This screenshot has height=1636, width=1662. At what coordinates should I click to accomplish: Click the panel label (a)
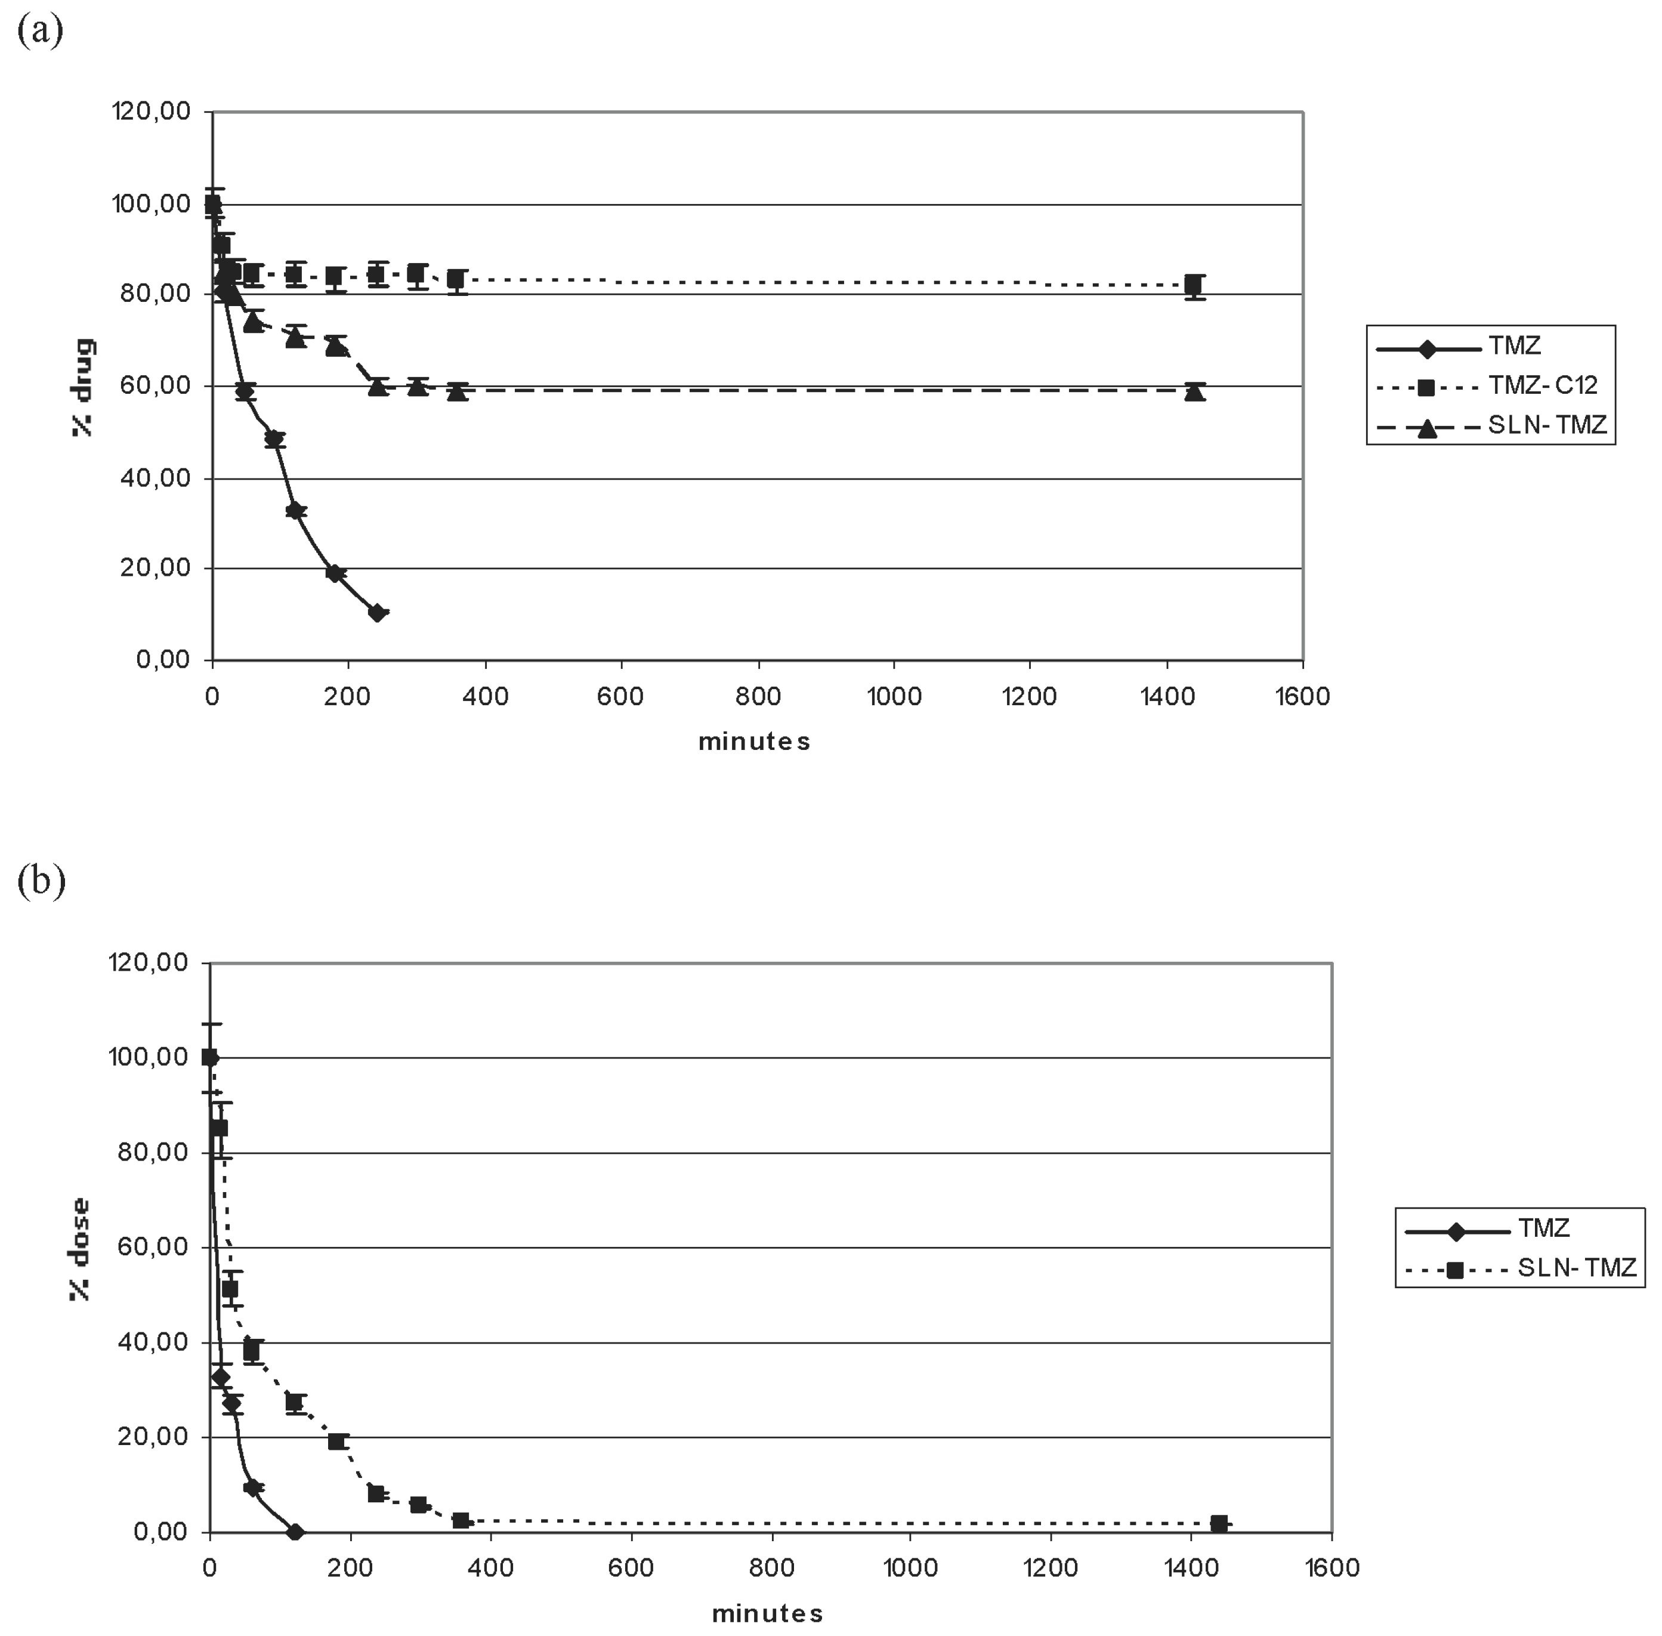[x=39, y=32]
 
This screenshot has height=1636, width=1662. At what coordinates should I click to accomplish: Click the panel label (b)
[x=41, y=882]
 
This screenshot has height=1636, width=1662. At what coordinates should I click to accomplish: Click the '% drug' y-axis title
[x=84, y=387]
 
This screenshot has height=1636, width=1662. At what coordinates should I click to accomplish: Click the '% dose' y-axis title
[x=80, y=1249]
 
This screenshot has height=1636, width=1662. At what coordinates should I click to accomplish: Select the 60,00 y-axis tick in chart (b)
[x=148, y=1248]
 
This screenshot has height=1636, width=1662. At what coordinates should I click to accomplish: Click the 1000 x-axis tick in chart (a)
[x=894, y=697]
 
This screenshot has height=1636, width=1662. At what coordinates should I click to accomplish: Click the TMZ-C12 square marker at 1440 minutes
[x=1193, y=285]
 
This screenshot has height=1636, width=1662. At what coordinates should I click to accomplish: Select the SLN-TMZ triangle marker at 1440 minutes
[x=1194, y=392]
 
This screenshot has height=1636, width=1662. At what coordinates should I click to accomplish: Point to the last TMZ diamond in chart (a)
[x=376, y=613]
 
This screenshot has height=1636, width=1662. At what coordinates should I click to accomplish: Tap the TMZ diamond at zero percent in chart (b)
[x=295, y=1532]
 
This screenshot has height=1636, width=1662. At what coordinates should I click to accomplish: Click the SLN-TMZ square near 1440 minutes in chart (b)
[x=1219, y=1523]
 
